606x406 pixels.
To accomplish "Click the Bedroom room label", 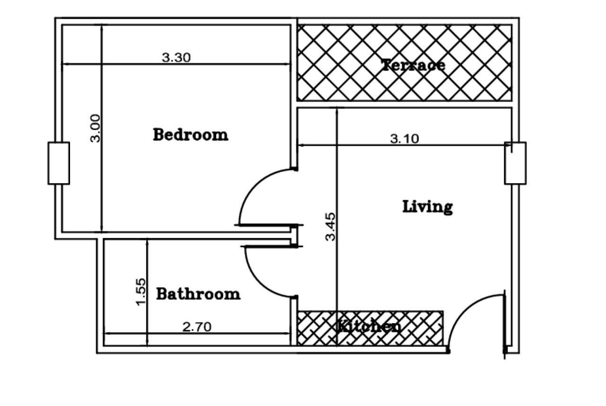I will pos(190,134).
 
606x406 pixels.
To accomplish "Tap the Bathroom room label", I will pos(198,294).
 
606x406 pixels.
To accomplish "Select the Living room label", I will pos(427,207).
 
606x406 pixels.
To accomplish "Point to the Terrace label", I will pos(413,65).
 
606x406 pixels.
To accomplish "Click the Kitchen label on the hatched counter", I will pos(369,327).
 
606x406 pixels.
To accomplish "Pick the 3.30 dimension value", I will pos(176,58).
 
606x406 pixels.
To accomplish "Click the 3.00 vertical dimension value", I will pos(95,128).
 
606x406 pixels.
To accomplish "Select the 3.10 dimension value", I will pos(404,139).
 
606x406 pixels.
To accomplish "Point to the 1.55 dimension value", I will pos(141,291).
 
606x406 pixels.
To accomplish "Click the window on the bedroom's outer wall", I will pos(59,163).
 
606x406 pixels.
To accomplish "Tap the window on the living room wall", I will pos(515,163).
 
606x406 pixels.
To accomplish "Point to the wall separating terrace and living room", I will pos(404,104).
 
